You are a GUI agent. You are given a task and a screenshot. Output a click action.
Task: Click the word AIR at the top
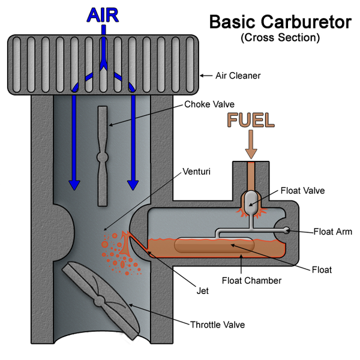[x=104, y=14]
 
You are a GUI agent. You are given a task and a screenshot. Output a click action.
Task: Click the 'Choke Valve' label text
[x=210, y=104]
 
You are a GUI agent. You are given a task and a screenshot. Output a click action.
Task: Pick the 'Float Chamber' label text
[x=251, y=280]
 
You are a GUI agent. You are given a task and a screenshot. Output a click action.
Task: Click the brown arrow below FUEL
[x=251, y=144]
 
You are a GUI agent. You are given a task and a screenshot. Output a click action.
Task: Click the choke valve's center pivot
[x=103, y=157]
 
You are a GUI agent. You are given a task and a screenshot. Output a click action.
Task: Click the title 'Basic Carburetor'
[x=280, y=23]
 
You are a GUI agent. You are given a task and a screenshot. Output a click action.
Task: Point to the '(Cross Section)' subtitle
[x=280, y=38]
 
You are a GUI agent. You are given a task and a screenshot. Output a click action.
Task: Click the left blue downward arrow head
[x=74, y=182]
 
